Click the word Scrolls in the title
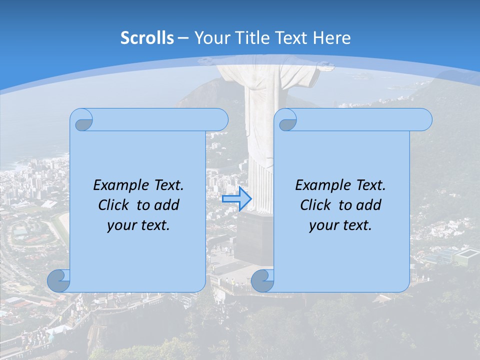(147, 38)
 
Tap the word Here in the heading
(332, 38)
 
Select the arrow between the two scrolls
(236, 198)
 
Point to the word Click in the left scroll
(115, 205)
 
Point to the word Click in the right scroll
(317, 205)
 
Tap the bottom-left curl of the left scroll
(58, 281)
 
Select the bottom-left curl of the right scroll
(262, 281)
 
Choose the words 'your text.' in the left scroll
(138, 225)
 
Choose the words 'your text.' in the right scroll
(340, 225)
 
